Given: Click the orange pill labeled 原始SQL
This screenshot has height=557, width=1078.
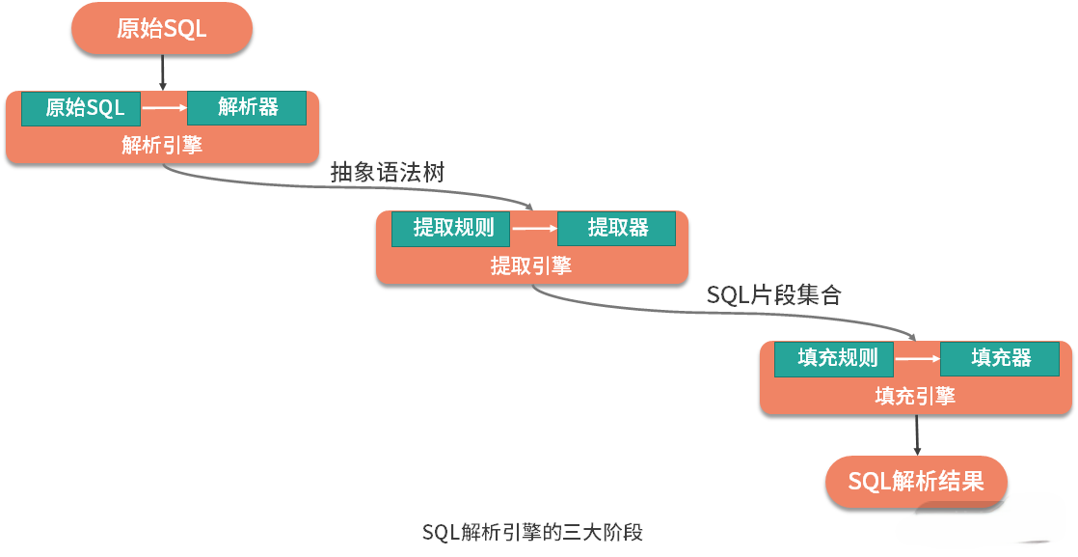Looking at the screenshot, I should [162, 29].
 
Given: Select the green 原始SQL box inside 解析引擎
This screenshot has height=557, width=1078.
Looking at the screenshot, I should [81, 108].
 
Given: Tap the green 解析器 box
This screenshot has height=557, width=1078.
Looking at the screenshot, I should [247, 107].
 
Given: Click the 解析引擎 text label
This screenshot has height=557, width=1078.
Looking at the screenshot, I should [162, 145].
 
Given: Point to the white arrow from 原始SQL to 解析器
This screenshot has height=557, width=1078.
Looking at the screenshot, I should [164, 108].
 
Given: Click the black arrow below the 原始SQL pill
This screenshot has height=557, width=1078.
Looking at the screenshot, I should [162, 72].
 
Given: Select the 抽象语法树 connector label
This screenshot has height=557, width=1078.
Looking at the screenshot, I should [388, 173].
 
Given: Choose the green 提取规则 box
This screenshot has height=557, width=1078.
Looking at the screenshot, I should [451, 228].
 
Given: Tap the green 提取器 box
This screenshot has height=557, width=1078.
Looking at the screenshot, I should [617, 228].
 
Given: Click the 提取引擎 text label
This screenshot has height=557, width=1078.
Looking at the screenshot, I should [531, 265].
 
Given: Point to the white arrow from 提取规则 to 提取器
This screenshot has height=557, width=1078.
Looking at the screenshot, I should [534, 229].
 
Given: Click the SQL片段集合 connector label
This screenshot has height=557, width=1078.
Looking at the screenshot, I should [774, 295].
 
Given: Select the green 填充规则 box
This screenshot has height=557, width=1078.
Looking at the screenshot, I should [834, 359].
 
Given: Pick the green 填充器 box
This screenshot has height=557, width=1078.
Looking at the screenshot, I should [1000, 359].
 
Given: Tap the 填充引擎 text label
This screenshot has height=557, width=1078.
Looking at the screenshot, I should [915, 397].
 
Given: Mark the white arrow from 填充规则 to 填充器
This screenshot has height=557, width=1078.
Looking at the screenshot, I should [917, 360].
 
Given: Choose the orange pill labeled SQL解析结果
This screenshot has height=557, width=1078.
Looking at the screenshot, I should [916, 482].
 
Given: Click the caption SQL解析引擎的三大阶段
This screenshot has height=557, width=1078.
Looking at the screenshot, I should [532, 532].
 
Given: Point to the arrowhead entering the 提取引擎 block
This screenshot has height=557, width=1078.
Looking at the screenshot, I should [528, 206].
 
